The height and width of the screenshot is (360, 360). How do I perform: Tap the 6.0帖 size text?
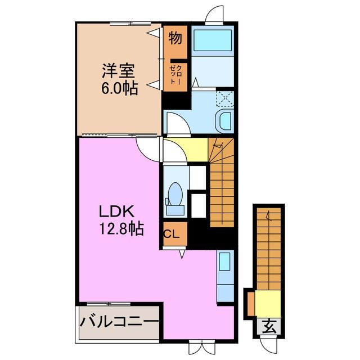tap(120, 89)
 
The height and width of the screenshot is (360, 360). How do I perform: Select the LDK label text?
tap(116, 212)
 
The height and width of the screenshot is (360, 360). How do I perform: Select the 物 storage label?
tap(174, 39)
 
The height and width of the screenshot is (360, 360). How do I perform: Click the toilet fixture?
tap(175, 196)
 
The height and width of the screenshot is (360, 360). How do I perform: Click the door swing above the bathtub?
tap(215, 15)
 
